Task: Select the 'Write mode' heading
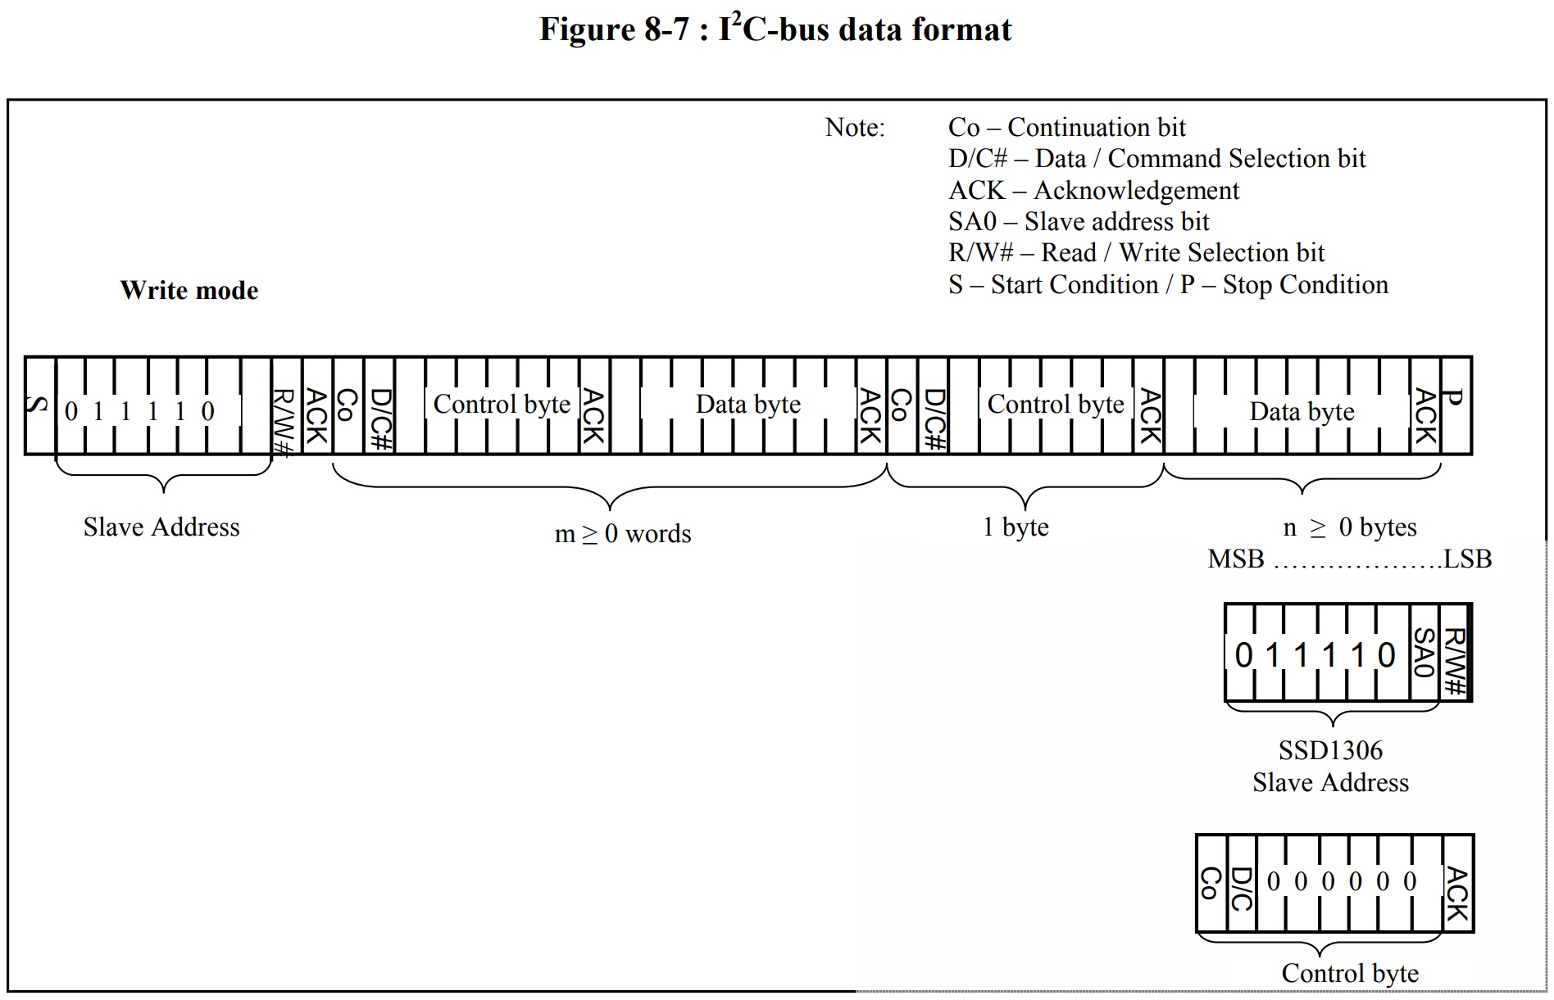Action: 189,290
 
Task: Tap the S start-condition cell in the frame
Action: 39,405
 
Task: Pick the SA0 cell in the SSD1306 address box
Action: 1424,653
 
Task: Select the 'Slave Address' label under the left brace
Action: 161,527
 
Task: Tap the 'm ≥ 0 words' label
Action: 623,534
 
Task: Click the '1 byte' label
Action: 1016,527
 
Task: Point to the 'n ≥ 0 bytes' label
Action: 1349,527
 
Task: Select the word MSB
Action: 1236,559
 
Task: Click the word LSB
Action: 1467,559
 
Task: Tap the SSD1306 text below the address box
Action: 1330,750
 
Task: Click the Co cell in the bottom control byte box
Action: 1211,883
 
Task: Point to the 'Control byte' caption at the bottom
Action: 1350,973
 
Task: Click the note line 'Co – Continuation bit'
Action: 1066,128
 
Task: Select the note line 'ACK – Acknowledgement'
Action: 1093,191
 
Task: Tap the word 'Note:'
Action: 855,128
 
